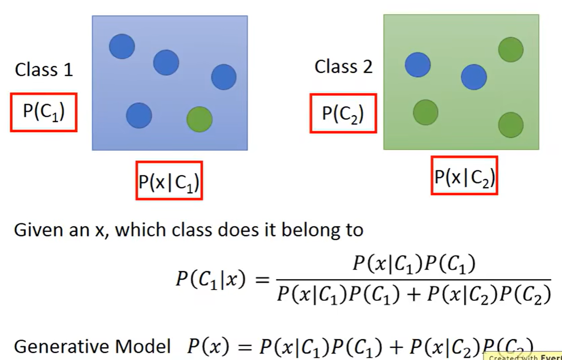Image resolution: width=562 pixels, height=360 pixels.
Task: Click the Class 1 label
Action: [44, 69]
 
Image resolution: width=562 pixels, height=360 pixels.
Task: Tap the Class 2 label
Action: [343, 66]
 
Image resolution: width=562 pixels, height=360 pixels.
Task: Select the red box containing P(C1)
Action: [44, 112]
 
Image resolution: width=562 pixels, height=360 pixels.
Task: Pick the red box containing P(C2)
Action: [343, 113]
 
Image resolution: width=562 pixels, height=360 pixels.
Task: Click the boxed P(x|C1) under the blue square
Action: [169, 181]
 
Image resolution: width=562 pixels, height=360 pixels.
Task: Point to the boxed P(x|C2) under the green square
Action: [464, 175]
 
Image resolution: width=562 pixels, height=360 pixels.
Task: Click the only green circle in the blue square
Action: [199, 119]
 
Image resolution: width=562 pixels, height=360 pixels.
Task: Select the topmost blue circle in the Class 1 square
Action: [122, 47]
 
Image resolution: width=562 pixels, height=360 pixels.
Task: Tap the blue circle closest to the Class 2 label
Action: [418, 65]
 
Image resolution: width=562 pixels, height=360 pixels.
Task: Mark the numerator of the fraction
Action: [413, 264]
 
